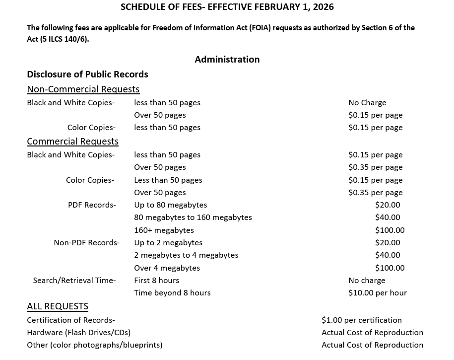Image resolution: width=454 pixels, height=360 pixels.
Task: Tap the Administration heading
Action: click(227, 60)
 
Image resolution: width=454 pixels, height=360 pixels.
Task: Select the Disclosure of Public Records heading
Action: click(87, 74)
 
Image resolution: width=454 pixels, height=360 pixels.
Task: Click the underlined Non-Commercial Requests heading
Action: click(83, 89)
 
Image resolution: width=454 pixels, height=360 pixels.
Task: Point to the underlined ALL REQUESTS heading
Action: click(58, 306)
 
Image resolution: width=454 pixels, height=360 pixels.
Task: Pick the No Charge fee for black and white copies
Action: click(367, 103)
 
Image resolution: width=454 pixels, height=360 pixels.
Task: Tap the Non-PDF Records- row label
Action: click(86, 243)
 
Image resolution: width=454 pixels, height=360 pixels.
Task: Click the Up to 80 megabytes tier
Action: click(170, 205)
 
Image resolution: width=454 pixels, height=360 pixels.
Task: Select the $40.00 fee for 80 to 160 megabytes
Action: click(388, 217)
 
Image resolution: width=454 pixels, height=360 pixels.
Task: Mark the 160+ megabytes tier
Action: click(164, 230)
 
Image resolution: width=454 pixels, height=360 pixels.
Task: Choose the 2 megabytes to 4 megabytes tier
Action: click(186, 255)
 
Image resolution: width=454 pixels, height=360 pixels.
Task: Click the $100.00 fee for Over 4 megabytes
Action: click(390, 268)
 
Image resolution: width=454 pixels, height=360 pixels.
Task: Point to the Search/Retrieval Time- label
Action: click(74, 281)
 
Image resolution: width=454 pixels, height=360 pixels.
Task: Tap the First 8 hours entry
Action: click(156, 281)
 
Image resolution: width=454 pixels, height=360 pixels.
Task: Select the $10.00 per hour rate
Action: click(378, 293)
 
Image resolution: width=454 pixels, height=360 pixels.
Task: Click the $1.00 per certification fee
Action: click(362, 320)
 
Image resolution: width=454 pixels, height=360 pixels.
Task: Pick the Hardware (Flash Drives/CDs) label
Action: click(78, 333)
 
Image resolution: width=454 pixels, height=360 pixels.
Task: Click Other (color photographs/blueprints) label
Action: click(94, 345)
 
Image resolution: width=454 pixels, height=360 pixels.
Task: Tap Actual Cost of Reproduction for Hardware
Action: click(372, 333)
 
